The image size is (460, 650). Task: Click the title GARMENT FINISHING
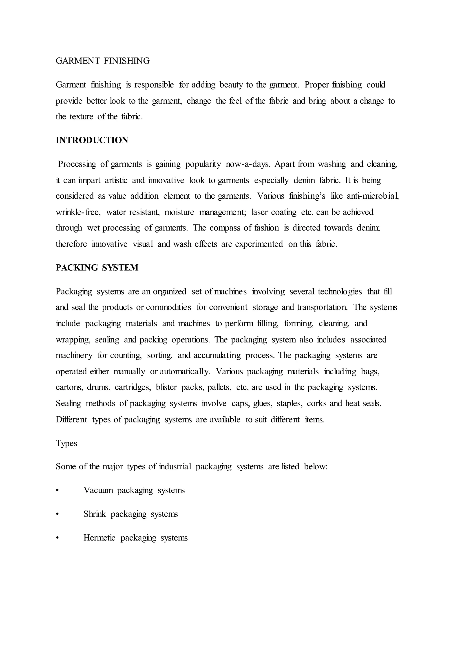[x=103, y=61]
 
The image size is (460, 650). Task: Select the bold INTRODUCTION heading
[x=92, y=140]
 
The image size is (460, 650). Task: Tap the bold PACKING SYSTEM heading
[x=97, y=268]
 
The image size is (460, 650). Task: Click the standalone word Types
[x=66, y=443]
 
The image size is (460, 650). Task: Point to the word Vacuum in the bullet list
[x=98, y=490]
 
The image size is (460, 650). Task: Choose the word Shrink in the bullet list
[x=95, y=514]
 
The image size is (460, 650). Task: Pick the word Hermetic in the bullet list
[x=100, y=538]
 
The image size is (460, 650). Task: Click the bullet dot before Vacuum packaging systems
[x=57, y=491]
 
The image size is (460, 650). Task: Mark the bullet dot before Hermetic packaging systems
[x=57, y=538]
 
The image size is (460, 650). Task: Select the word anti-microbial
[x=373, y=196]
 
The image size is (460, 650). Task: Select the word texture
[x=81, y=117]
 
